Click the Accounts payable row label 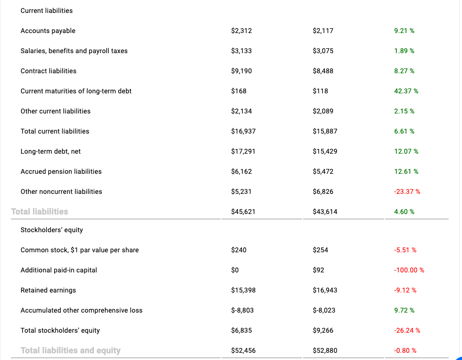pos(48,31)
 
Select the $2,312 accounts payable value pos(241,31)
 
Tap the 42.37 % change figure pos(406,91)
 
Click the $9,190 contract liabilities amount pos(241,71)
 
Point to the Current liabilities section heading pos(46,11)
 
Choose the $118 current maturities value pos(321,91)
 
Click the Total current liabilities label pos(55,131)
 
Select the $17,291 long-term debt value pos(243,151)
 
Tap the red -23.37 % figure pos(407,191)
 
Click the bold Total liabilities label pos(40,211)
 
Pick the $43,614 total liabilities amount pos(325,212)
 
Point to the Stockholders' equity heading pos(52,230)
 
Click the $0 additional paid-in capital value pos(235,270)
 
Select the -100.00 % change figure pos(409,270)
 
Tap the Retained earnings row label pos(48,290)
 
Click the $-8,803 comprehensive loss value pos(242,310)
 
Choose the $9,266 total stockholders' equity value pos(323,330)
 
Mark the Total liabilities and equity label pos(70,350)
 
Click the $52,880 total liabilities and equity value pos(325,350)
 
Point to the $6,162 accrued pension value pos(241,171)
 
